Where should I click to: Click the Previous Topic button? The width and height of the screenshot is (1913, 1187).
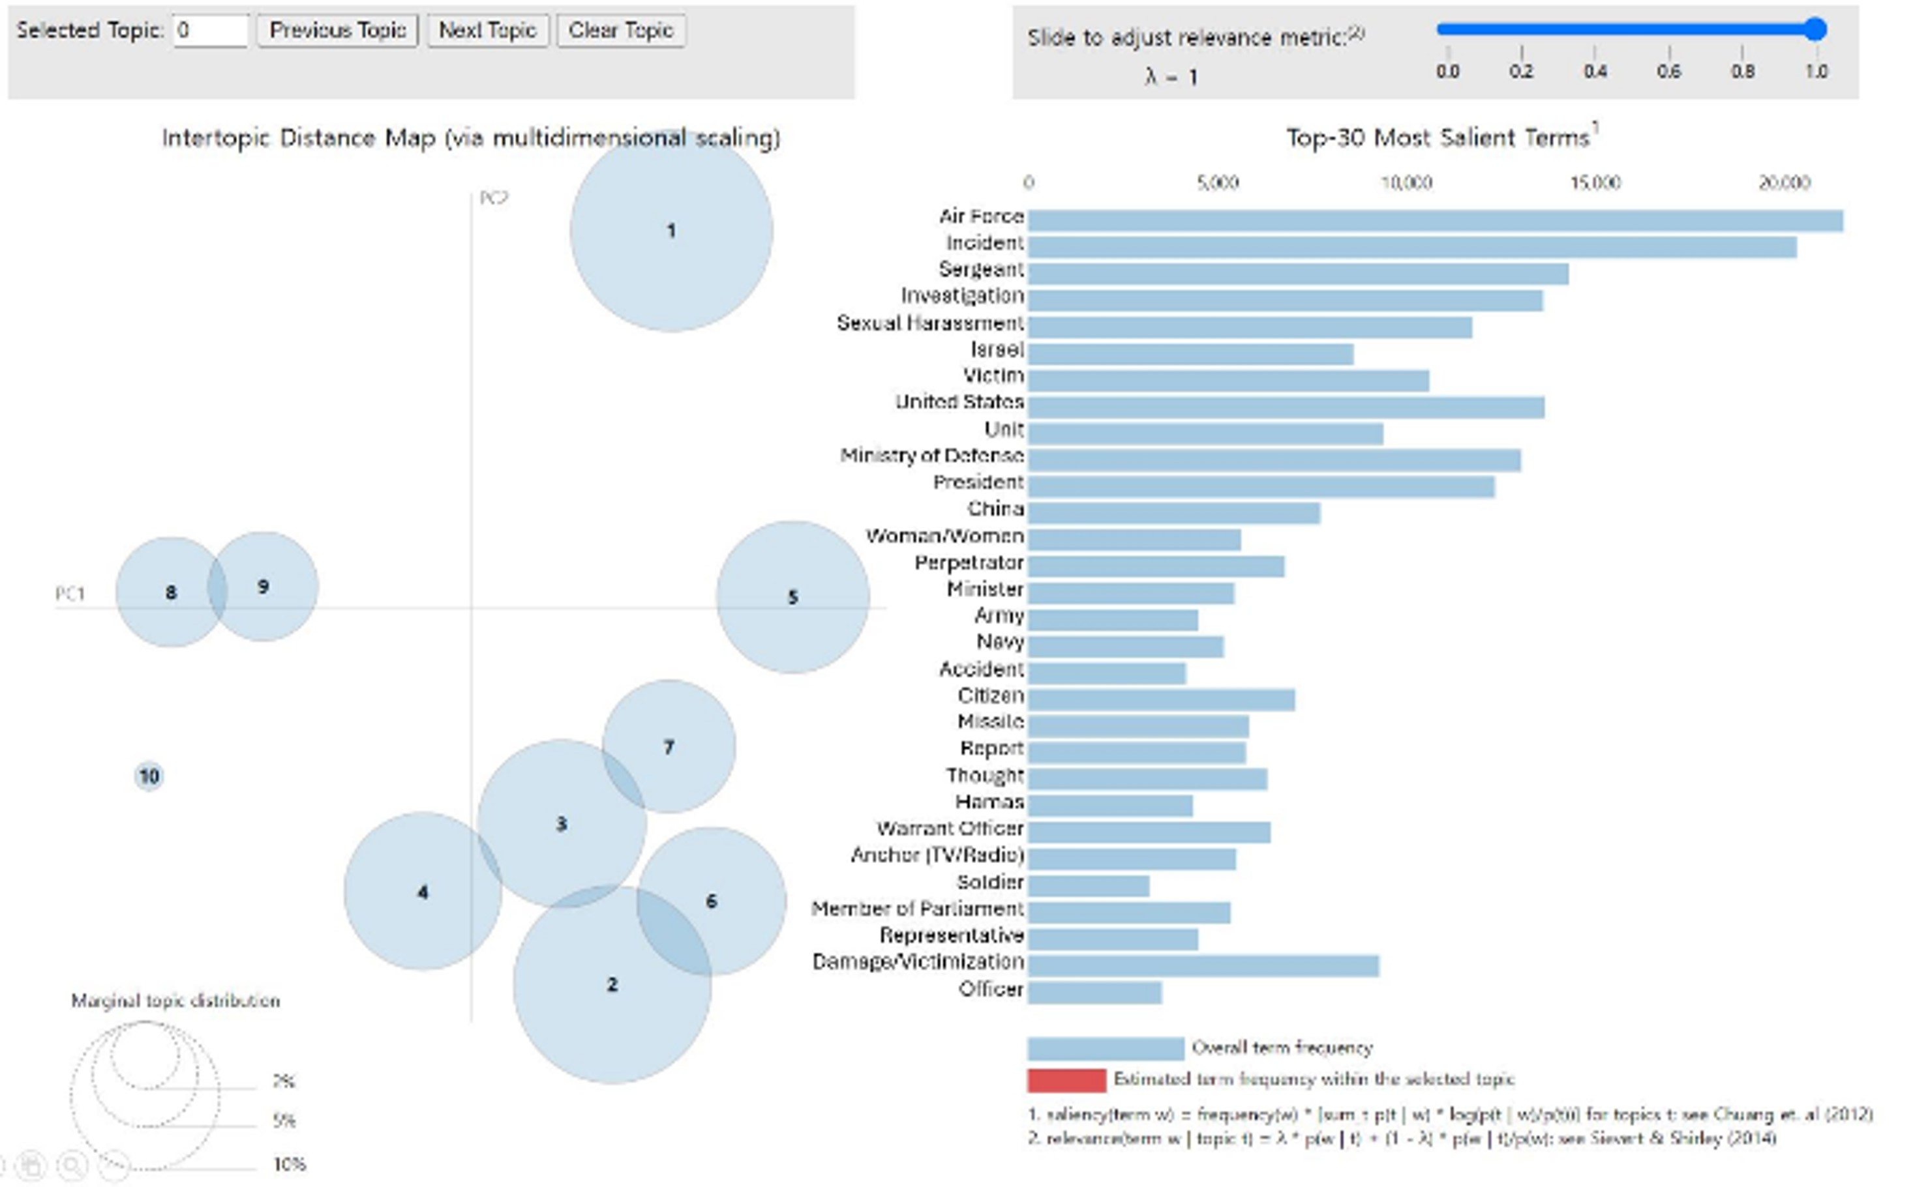338,31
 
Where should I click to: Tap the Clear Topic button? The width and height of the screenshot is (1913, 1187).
620,31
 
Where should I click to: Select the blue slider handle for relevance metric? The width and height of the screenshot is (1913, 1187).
1815,30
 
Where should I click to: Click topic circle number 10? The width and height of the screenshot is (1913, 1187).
149,776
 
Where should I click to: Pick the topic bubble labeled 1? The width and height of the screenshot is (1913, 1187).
670,231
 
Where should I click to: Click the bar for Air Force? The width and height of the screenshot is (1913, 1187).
1435,220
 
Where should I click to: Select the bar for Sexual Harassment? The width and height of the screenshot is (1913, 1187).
1250,327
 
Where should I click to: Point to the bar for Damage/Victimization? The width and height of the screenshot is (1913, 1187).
1203,965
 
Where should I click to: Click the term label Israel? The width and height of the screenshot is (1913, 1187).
997,349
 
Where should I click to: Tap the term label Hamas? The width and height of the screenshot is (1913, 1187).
989,802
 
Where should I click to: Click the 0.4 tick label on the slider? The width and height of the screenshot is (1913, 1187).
1594,72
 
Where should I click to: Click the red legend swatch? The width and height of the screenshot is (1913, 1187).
1066,1080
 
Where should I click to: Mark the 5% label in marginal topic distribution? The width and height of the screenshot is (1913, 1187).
284,1121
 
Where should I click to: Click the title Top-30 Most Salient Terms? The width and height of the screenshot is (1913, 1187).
1437,138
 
